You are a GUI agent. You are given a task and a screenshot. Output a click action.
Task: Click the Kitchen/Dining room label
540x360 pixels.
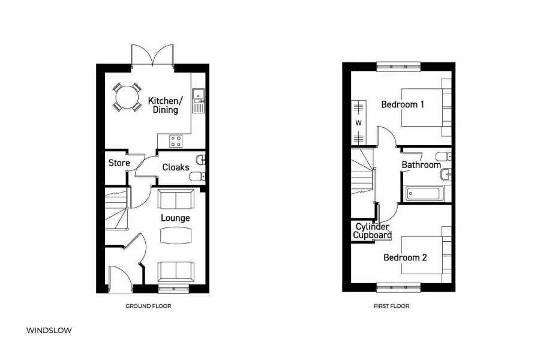click(x=163, y=106)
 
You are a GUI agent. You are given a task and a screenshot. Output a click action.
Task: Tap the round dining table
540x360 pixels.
click(x=126, y=97)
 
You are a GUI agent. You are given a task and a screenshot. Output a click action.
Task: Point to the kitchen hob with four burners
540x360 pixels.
click(x=176, y=141)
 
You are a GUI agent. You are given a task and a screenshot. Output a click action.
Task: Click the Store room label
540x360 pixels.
click(x=119, y=163)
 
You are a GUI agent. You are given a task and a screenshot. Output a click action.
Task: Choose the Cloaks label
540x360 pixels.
click(x=176, y=167)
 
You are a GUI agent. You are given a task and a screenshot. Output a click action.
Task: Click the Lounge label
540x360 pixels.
click(x=175, y=218)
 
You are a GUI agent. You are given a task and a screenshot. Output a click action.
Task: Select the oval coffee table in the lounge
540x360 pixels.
click(x=175, y=236)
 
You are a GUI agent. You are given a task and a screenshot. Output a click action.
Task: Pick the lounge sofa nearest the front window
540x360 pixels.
click(x=175, y=271)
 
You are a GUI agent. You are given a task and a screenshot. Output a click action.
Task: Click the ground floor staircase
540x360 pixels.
click(x=117, y=208)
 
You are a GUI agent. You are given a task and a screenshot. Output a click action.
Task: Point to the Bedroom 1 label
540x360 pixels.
click(x=403, y=104)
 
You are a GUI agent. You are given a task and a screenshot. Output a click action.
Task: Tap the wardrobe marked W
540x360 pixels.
click(x=359, y=122)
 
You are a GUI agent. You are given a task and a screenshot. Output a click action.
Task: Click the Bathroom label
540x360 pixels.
click(x=421, y=165)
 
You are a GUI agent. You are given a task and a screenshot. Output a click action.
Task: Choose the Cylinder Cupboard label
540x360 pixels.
click(x=372, y=231)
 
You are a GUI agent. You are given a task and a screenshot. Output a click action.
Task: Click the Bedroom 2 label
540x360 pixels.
click(x=405, y=257)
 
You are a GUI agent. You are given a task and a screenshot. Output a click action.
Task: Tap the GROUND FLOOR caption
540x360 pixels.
click(x=148, y=306)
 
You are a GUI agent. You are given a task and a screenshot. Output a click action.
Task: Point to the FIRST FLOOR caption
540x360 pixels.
click(x=391, y=306)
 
